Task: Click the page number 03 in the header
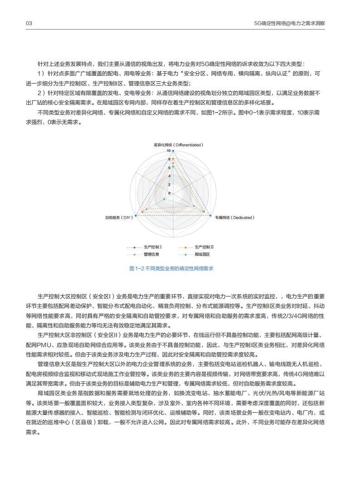(29, 23)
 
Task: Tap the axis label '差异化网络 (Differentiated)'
(178, 145)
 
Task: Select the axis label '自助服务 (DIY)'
(119, 217)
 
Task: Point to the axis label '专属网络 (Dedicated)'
(235, 217)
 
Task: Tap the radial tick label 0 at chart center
(169, 193)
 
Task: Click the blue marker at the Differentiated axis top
(173, 151)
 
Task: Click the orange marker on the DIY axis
(143, 212)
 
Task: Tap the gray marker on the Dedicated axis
(194, 206)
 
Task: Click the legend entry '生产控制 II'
(204, 247)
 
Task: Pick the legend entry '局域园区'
(202, 254)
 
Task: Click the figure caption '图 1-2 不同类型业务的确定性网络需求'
(171, 268)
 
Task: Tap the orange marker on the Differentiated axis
(173, 158)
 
